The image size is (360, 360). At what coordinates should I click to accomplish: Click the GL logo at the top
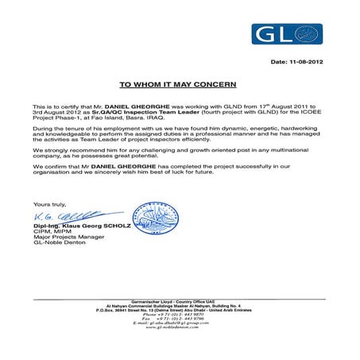click(287, 35)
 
